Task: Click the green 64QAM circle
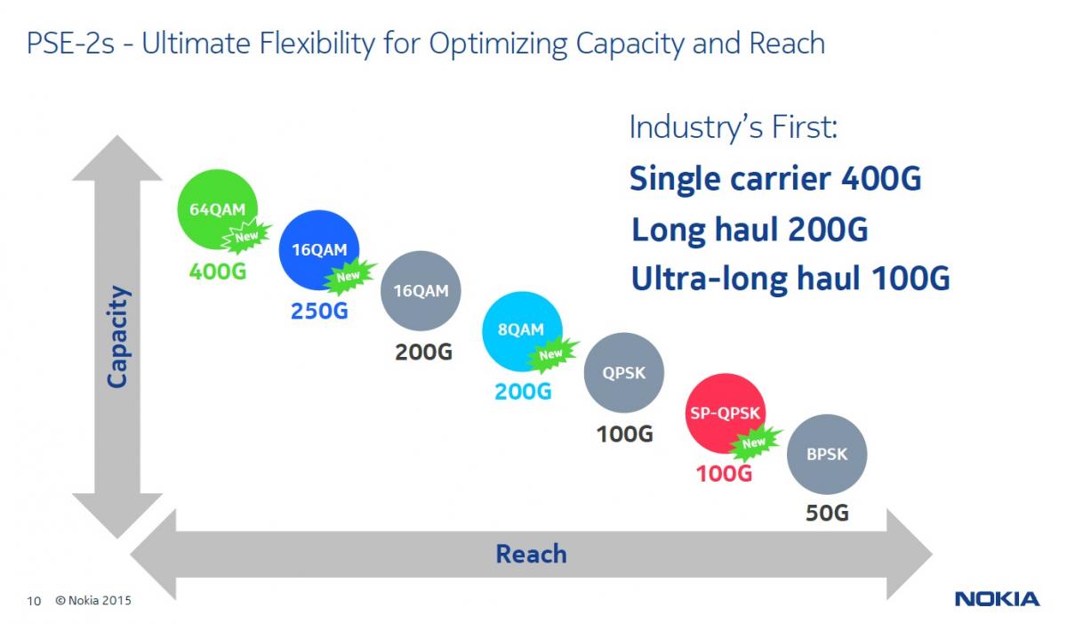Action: tap(217, 209)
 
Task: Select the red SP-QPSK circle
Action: tap(725, 413)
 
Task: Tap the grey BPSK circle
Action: tap(827, 454)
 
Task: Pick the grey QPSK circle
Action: tap(623, 373)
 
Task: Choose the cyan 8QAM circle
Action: tap(522, 331)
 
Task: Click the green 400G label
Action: tap(218, 271)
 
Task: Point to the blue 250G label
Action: tap(319, 312)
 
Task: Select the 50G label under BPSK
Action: tap(827, 514)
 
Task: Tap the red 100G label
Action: tap(724, 474)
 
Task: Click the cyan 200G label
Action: tap(523, 392)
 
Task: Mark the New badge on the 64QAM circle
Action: tap(246, 237)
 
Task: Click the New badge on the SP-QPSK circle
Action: tap(754, 443)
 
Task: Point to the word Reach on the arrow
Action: tap(531, 554)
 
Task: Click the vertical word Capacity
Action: tap(117, 336)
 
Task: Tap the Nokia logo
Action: tap(997, 599)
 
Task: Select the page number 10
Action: tap(34, 601)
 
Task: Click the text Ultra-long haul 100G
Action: tap(790, 279)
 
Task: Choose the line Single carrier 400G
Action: tap(775, 179)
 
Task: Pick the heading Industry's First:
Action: tap(734, 127)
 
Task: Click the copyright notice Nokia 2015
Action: tap(93, 601)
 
